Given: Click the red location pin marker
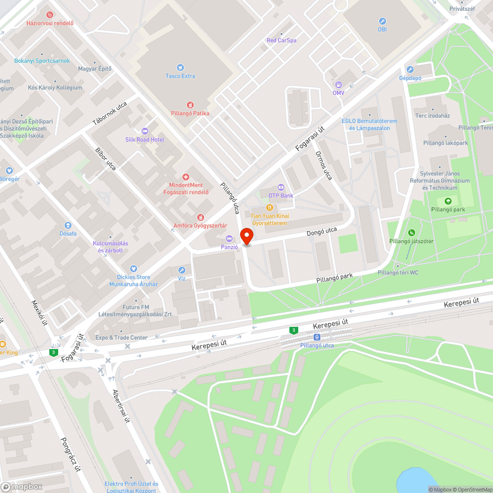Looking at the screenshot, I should pos(246,236).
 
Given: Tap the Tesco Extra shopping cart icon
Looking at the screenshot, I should pos(180,68).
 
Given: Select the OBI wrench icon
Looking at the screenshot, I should pos(382,21).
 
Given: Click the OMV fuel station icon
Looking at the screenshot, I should pos(338,84).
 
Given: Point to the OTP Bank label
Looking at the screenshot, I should pos(281,196).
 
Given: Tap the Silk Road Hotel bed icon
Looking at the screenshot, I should pos(144,131).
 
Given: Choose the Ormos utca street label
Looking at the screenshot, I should pos(324,166).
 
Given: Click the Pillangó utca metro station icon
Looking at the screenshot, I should pos(317,337).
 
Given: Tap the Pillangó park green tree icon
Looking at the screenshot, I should pos(448,201).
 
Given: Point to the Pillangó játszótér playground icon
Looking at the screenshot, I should pos(411,233).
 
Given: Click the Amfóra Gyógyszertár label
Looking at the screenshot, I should pos(200,225).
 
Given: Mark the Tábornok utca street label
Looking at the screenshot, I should pos(110,113).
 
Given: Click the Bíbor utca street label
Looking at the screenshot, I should pos(106,159).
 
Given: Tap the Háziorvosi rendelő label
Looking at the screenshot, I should pos(50,23).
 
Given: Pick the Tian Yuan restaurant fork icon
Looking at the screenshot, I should pos(270,208).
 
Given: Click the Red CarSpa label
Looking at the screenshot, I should pos(282,40).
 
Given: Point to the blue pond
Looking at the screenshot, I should pos(417,481).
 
